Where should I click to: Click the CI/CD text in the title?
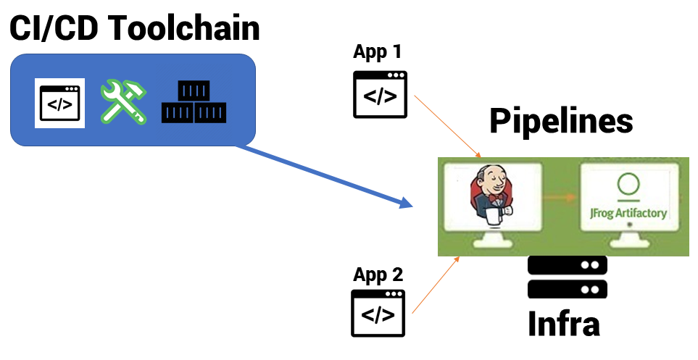(51, 29)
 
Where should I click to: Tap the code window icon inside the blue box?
(60, 103)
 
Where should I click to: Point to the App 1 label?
(377, 52)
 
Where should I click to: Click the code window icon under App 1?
(379, 94)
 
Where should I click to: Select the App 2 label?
(377, 275)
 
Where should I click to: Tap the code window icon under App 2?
(378, 313)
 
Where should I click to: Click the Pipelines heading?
(561, 120)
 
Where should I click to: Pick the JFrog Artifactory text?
(628, 214)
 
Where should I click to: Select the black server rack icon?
(567, 277)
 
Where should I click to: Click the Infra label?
(564, 324)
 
